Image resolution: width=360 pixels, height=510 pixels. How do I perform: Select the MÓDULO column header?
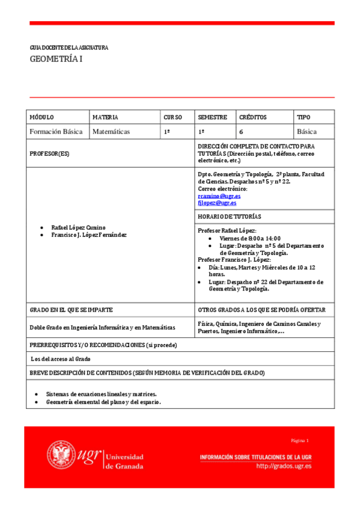tap(41, 117)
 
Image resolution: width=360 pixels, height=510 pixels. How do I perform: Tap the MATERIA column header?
tap(105, 117)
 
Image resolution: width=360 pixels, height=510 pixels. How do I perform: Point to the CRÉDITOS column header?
tap(252, 117)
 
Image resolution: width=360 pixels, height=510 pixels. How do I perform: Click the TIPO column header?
tap(304, 117)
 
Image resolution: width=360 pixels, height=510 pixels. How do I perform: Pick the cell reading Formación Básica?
tap(56, 131)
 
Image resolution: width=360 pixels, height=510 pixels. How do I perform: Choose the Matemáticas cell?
tap(111, 131)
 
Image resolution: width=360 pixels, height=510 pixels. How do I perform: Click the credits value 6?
tap(241, 131)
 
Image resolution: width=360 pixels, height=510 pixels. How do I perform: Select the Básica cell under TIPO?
tap(307, 131)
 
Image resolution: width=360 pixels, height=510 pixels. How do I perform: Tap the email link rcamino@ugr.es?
tap(219, 195)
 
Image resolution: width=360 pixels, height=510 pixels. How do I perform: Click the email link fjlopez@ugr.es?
tap(217, 203)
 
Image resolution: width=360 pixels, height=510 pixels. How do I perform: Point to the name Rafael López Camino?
tap(78, 227)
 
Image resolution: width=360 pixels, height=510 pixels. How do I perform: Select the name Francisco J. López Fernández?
tap(89, 235)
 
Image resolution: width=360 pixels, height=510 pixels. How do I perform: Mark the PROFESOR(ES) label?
tap(49, 153)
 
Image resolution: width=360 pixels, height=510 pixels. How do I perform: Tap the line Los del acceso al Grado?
tap(60, 358)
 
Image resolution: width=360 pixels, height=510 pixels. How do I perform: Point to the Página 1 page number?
tap(299, 441)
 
